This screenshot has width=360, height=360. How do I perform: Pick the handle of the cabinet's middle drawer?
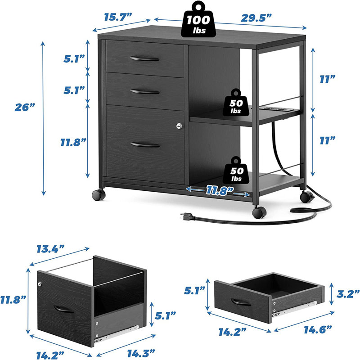click(144, 91)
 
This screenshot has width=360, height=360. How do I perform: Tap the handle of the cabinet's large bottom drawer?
click(144, 144)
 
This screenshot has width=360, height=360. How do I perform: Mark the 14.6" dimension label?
click(314, 329)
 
